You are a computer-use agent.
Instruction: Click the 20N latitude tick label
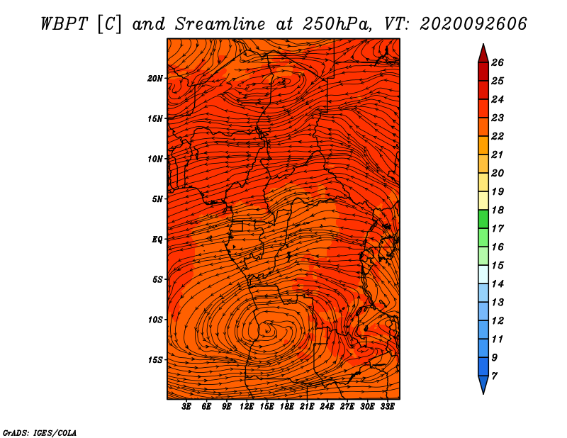coord(155,79)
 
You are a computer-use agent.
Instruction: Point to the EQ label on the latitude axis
coord(157,240)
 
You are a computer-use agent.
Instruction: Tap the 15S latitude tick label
coord(155,360)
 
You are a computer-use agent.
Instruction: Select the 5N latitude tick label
coord(157,199)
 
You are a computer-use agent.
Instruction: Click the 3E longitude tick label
coord(186,407)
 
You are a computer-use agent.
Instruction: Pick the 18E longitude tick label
coord(287,407)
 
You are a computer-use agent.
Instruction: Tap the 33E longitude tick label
coord(387,407)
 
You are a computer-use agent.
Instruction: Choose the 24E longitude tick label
coord(327,407)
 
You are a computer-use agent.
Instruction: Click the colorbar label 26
coord(498,62)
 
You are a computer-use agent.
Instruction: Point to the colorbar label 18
coord(498,210)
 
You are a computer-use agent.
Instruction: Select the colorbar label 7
coord(494,376)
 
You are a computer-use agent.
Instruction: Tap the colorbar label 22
coord(498,136)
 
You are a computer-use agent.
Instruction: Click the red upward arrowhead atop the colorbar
coord(483,54)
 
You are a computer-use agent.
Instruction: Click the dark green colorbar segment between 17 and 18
coord(483,219)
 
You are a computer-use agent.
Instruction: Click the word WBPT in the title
coord(64,24)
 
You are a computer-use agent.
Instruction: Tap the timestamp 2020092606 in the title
coord(473,24)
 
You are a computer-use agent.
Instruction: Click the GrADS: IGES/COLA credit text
coord(40,433)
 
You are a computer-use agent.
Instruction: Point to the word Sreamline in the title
coord(220,24)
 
